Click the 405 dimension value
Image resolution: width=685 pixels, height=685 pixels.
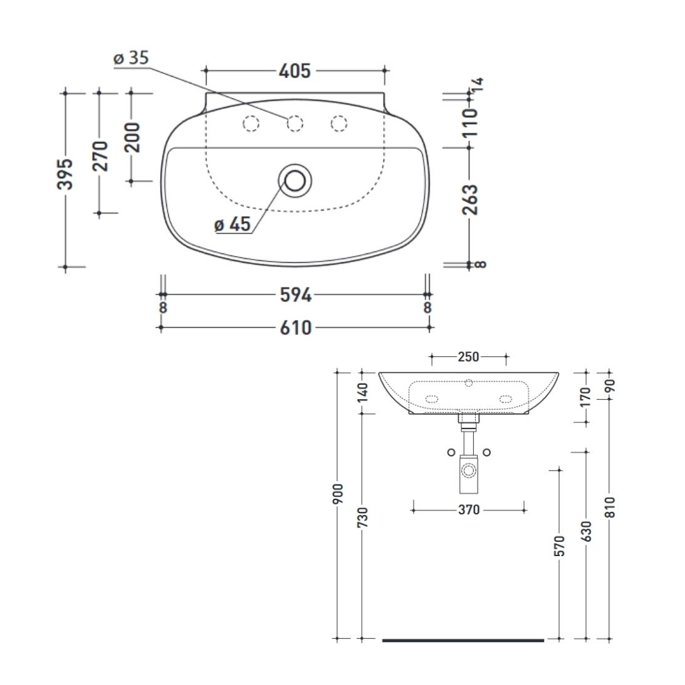(x=295, y=71)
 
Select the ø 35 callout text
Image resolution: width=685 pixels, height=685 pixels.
(x=131, y=58)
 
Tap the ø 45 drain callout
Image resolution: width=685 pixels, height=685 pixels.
(x=232, y=225)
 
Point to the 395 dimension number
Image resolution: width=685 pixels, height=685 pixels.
(x=65, y=174)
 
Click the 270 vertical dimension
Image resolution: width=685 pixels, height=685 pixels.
(x=100, y=156)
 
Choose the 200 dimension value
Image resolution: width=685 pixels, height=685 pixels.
(x=133, y=137)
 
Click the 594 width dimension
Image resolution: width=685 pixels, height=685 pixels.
(x=296, y=295)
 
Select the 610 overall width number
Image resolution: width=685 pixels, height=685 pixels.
(x=296, y=328)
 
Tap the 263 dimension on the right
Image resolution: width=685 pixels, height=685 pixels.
(x=471, y=199)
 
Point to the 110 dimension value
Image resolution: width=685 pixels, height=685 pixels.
(x=471, y=123)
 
